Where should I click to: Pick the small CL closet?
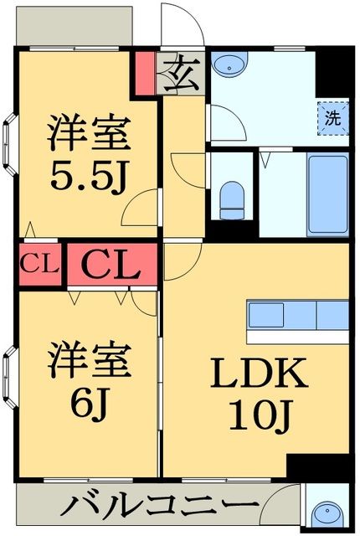pos(39,266)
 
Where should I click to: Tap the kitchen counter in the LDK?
pos(297,316)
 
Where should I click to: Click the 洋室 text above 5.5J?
pos(87,132)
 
